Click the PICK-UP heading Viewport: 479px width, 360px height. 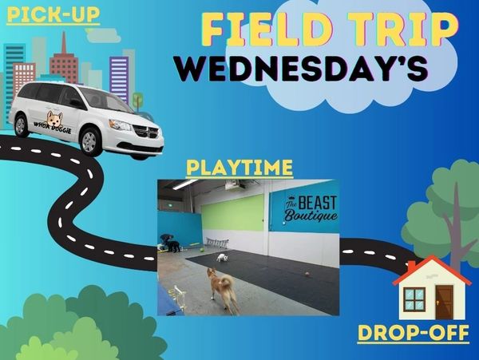(53, 15)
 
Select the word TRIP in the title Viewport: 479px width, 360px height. (404, 30)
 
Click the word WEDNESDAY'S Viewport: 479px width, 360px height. (301, 68)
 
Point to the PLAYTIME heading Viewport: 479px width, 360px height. (239, 168)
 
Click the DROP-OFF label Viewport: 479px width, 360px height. (413, 333)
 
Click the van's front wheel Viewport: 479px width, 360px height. (89, 141)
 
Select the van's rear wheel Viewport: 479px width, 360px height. (21, 126)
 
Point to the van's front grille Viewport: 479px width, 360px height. (147, 132)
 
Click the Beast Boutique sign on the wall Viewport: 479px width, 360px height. (311, 208)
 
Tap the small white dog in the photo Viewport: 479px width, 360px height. (223, 258)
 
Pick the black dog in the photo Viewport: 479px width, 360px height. (173, 246)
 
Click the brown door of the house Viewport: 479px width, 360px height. (444, 303)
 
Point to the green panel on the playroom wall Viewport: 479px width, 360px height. (233, 213)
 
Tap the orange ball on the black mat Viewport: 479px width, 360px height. (307, 275)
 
